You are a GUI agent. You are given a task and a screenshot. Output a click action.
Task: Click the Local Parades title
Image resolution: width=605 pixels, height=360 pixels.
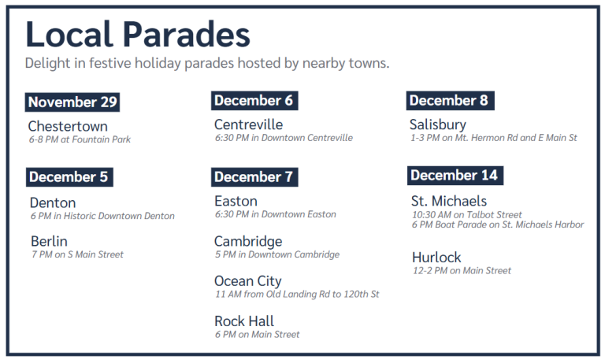[x=138, y=34]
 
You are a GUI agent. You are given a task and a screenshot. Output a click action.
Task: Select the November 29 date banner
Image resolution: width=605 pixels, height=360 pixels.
[x=72, y=102]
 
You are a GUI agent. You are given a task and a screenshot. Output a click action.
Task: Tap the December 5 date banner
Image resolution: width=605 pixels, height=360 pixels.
[x=69, y=177]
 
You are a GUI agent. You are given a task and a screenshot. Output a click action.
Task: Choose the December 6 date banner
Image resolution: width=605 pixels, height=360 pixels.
[x=254, y=101]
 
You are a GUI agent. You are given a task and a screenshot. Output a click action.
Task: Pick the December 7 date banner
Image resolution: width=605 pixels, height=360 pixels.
[x=254, y=177]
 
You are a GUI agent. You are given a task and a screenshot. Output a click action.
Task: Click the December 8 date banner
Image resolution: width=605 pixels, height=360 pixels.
[x=450, y=101]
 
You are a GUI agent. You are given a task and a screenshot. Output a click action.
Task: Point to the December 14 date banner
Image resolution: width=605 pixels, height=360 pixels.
[x=455, y=176]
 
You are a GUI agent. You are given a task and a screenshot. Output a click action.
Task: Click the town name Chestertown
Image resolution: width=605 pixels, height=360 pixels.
[x=68, y=126]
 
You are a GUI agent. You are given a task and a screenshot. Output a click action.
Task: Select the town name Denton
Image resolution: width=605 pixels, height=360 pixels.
[x=53, y=203]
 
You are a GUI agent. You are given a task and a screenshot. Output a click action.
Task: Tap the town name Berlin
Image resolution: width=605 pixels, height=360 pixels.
[x=49, y=241]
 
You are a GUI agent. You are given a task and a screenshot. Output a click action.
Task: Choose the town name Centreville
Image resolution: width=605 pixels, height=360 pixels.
[x=248, y=124]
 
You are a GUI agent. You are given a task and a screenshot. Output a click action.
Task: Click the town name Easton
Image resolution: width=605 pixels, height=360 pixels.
[x=236, y=201]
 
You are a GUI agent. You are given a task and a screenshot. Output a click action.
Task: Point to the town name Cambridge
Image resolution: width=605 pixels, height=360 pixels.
[x=248, y=242]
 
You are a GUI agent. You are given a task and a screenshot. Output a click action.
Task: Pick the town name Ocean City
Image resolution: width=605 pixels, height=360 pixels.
[x=247, y=282]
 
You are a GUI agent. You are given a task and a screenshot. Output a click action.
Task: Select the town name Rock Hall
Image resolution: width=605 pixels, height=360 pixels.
[x=244, y=321]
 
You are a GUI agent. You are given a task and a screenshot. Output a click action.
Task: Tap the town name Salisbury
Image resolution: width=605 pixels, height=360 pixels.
[x=438, y=125]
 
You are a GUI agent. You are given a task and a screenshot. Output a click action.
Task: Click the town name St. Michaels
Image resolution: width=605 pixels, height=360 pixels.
[x=449, y=201]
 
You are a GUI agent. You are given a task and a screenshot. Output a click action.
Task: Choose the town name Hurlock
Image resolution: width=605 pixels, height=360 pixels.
[x=436, y=258]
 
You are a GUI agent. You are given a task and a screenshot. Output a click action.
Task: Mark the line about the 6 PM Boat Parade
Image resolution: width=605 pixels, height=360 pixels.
[x=498, y=225]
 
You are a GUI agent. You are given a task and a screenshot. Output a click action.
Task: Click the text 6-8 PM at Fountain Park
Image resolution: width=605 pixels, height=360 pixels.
[x=80, y=139]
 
